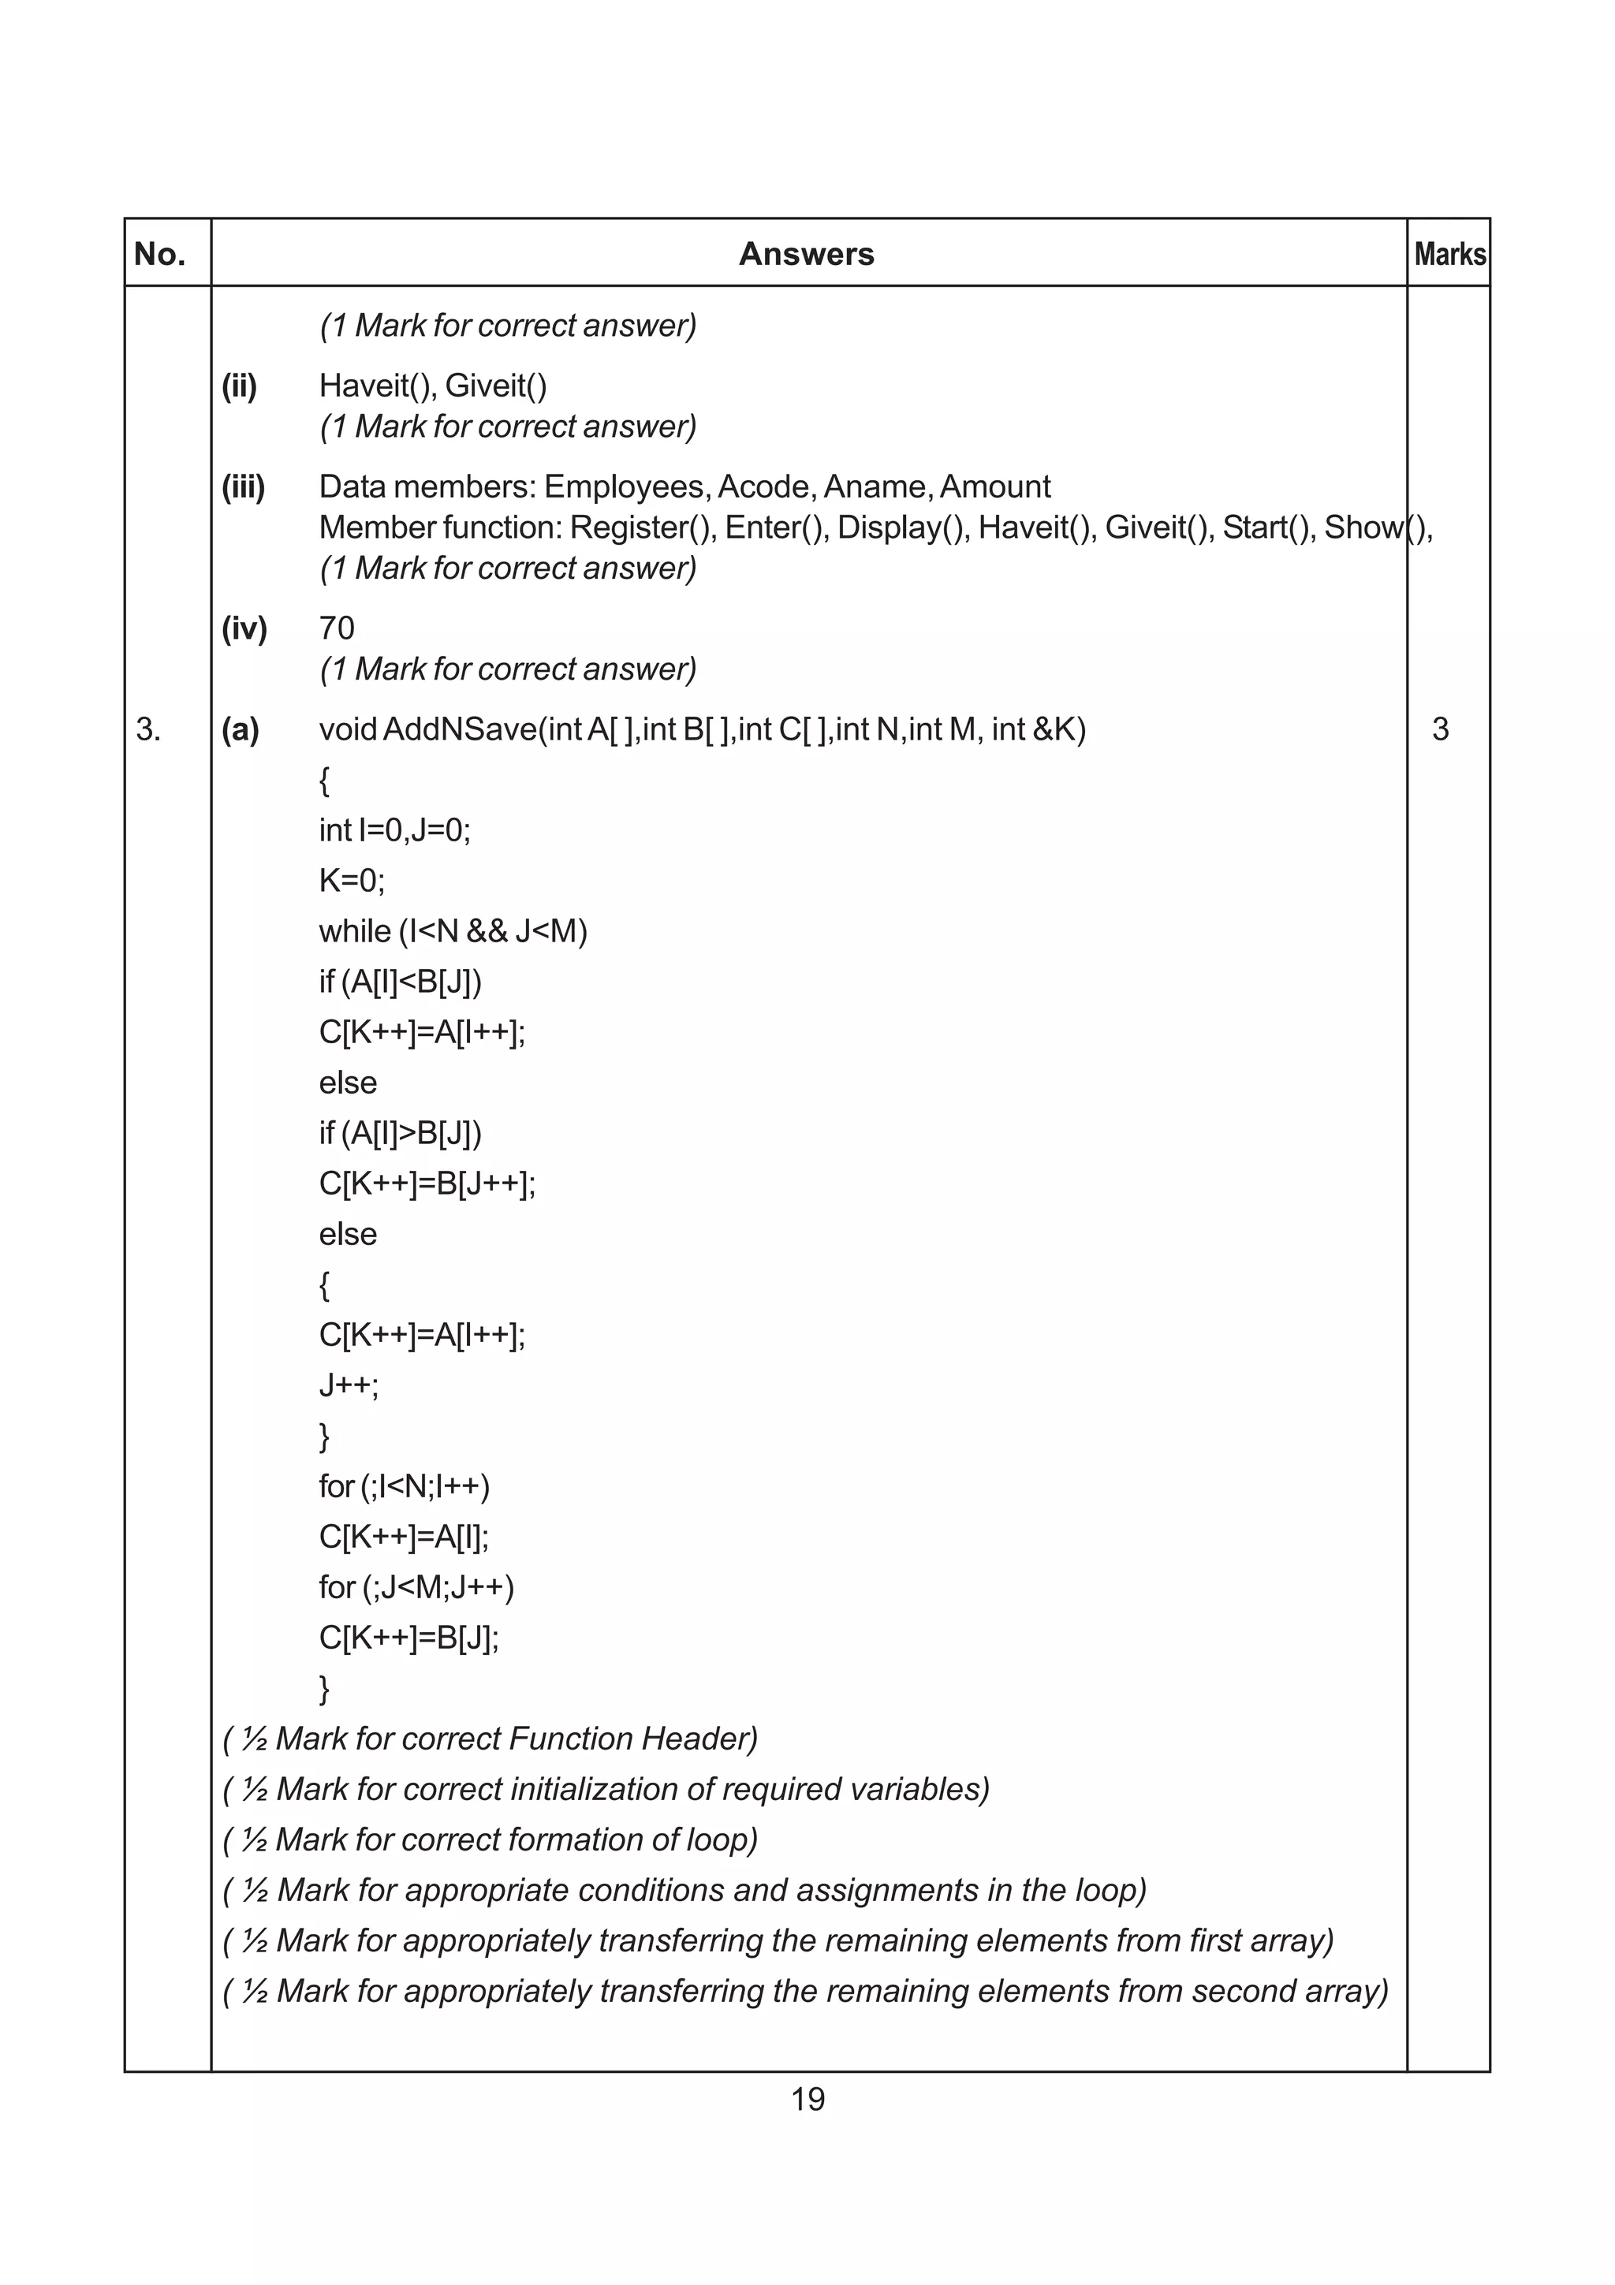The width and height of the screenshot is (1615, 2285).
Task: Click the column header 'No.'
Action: click(x=160, y=255)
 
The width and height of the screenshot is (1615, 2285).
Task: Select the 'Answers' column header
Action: click(x=806, y=255)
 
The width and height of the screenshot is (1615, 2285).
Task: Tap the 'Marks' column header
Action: click(x=1450, y=255)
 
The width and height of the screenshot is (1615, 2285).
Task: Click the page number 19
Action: click(x=807, y=2099)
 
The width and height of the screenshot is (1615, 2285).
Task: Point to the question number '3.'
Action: click(x=149, y=729)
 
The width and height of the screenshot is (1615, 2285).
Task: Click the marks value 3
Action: click(x=1440, y=729)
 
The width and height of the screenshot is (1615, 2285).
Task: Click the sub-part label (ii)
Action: click(x=239, y=386)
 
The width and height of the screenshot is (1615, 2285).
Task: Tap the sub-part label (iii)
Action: click(x=243, y=486)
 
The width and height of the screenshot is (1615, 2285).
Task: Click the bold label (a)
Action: click(x=240, y=729)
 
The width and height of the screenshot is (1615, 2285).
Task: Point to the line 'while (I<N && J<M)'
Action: click(x=453, y=931)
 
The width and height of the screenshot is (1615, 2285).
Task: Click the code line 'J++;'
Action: click(x=349, y=1385)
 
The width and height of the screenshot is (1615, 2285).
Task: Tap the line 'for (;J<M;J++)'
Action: click(x=416, y=1587)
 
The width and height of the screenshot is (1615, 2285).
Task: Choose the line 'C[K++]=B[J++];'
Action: click(x=427, y=1184)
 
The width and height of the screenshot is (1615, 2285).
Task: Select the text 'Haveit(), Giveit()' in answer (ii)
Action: click(x=433, y=386)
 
